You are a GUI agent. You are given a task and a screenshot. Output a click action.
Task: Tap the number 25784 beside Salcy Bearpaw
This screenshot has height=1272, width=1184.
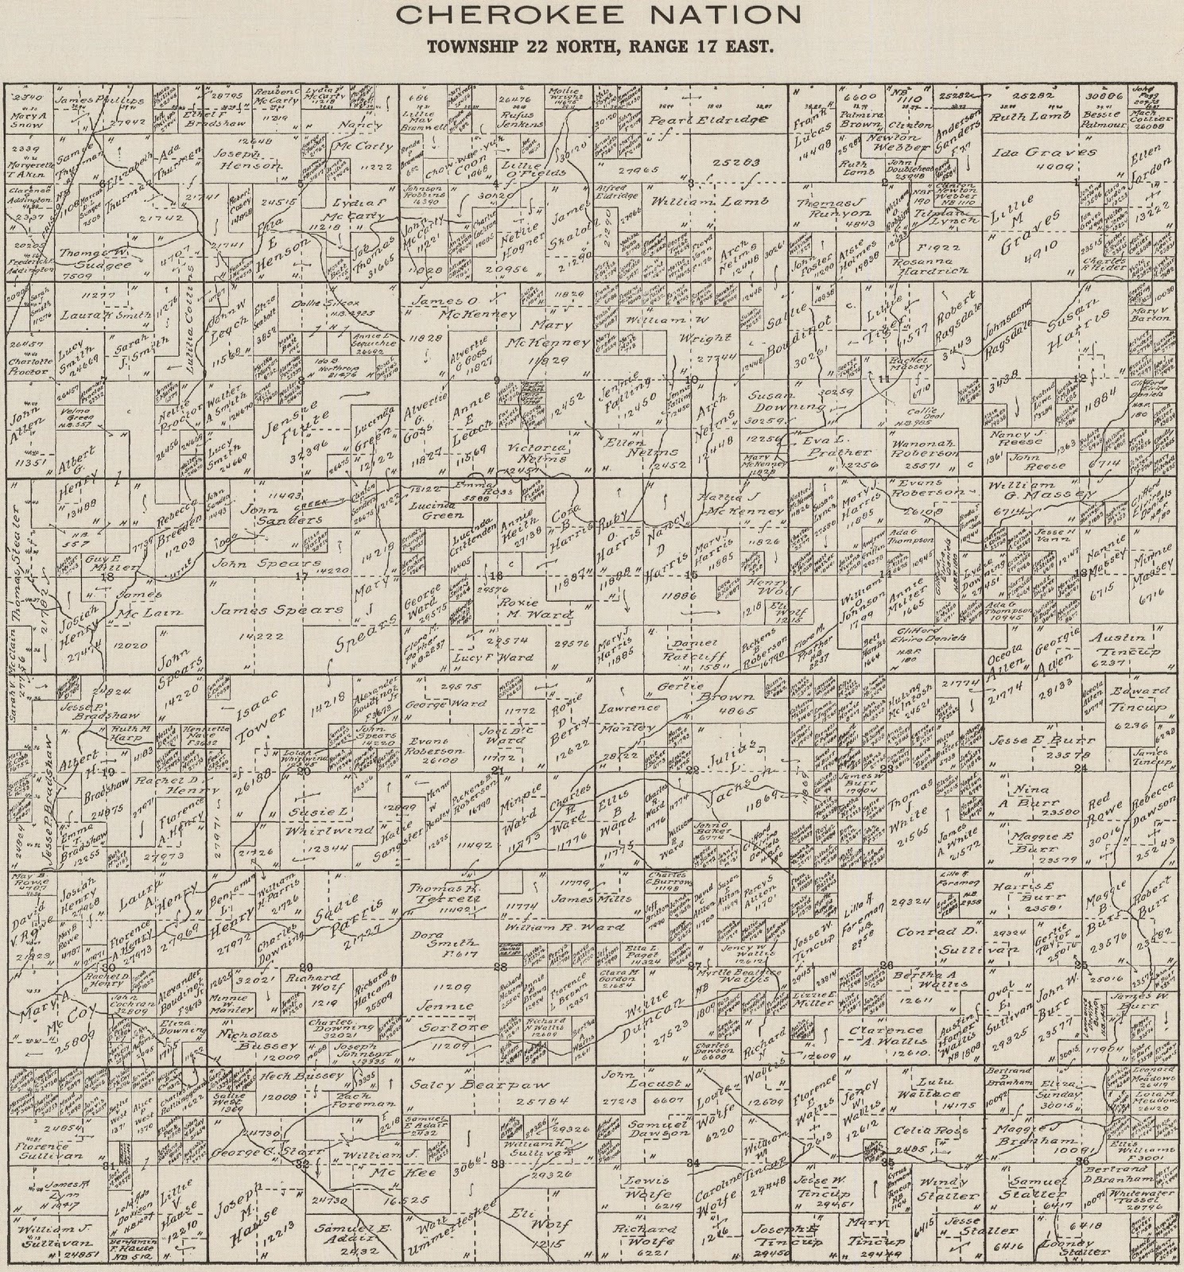tap(550, 1101)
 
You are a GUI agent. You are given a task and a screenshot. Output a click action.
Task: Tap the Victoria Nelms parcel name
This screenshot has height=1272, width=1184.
tap(540, 453)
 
